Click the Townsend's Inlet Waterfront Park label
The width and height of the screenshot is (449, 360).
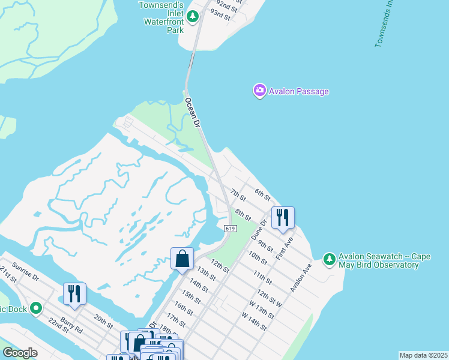[160, 13]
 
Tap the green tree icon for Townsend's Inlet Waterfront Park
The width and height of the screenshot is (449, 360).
[193, 17]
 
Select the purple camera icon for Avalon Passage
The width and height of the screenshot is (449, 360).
[259, 91]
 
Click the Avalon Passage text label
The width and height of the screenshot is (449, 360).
[299, 91]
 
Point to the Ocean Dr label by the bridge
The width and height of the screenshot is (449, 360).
[192, 112]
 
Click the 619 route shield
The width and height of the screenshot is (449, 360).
[231, 229]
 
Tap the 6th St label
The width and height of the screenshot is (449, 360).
[263, 194]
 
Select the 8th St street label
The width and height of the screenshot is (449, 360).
[243, 214]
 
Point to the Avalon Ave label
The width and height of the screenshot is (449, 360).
[301, 277]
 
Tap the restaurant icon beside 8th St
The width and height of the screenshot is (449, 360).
[283, 217]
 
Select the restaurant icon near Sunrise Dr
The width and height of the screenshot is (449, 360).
[74, 293]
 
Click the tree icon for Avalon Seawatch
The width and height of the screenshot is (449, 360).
[329, 260]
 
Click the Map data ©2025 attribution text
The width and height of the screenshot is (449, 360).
[423, 355]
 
